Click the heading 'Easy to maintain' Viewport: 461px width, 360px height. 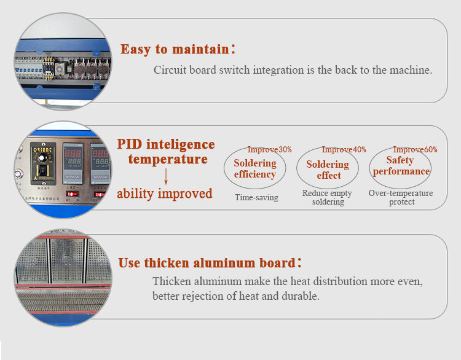[x=175, y=49]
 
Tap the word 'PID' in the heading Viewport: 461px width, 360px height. [x=129, y=144]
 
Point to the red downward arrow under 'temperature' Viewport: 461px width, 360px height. [x=166, y=176]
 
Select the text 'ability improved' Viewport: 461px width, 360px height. [x=165, y=194]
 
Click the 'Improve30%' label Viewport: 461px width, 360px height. [x=269, y=149]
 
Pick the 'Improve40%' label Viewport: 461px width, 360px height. [x=344, y=149]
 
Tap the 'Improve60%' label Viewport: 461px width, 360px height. [x=415, y=149]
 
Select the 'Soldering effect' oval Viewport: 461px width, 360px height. [x=297, y=168]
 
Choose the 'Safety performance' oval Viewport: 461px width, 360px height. [x=369, y=168]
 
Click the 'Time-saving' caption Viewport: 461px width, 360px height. [x=256, y=197]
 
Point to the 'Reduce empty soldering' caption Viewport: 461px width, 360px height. [x=328, y=197]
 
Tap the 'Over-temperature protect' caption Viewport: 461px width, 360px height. [x=401, y=197]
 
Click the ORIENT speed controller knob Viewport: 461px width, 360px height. [x=41, y=158]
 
